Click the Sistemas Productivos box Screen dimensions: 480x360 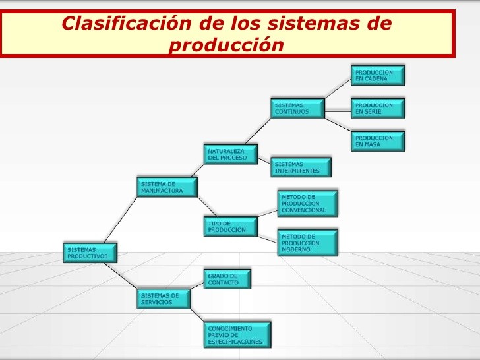click(91, 253)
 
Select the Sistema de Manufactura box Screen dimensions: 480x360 click(167, 187)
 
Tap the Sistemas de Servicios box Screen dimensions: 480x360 click(164, 299)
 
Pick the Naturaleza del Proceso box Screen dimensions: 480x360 click(231, 155)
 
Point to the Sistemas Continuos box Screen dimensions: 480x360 click(297, 108)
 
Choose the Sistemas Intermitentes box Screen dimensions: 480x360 click(300, 167)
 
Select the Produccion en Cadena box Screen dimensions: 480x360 click(377, 75)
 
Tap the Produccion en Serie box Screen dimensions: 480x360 click(377, 108)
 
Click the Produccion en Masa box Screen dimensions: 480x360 click(377, 141)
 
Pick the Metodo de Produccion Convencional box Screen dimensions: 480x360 click(307, 204)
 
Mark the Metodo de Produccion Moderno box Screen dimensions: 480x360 click(307, 243)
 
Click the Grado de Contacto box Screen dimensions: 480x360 click(227, 279)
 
